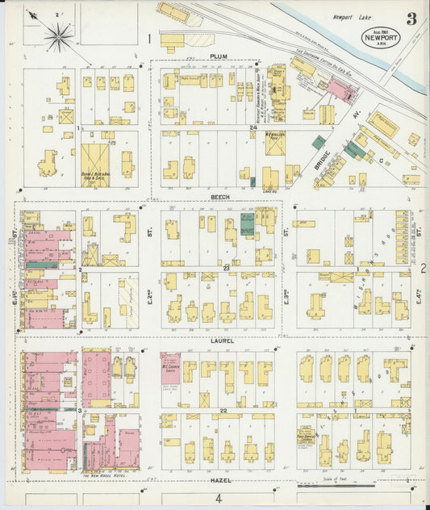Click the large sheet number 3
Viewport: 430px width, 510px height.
(x=411, y=19)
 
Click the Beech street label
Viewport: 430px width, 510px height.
(x=220, y=196)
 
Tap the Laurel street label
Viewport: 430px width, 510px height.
(x=223, y=341)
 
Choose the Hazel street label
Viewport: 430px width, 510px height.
(x=221, y=480)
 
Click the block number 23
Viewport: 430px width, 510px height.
(x=227, y=267)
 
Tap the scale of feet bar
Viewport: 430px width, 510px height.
(x=336, y=486)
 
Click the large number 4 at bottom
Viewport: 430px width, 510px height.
(x=217, y=498)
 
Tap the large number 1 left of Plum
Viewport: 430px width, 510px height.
(x=149, y=38)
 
